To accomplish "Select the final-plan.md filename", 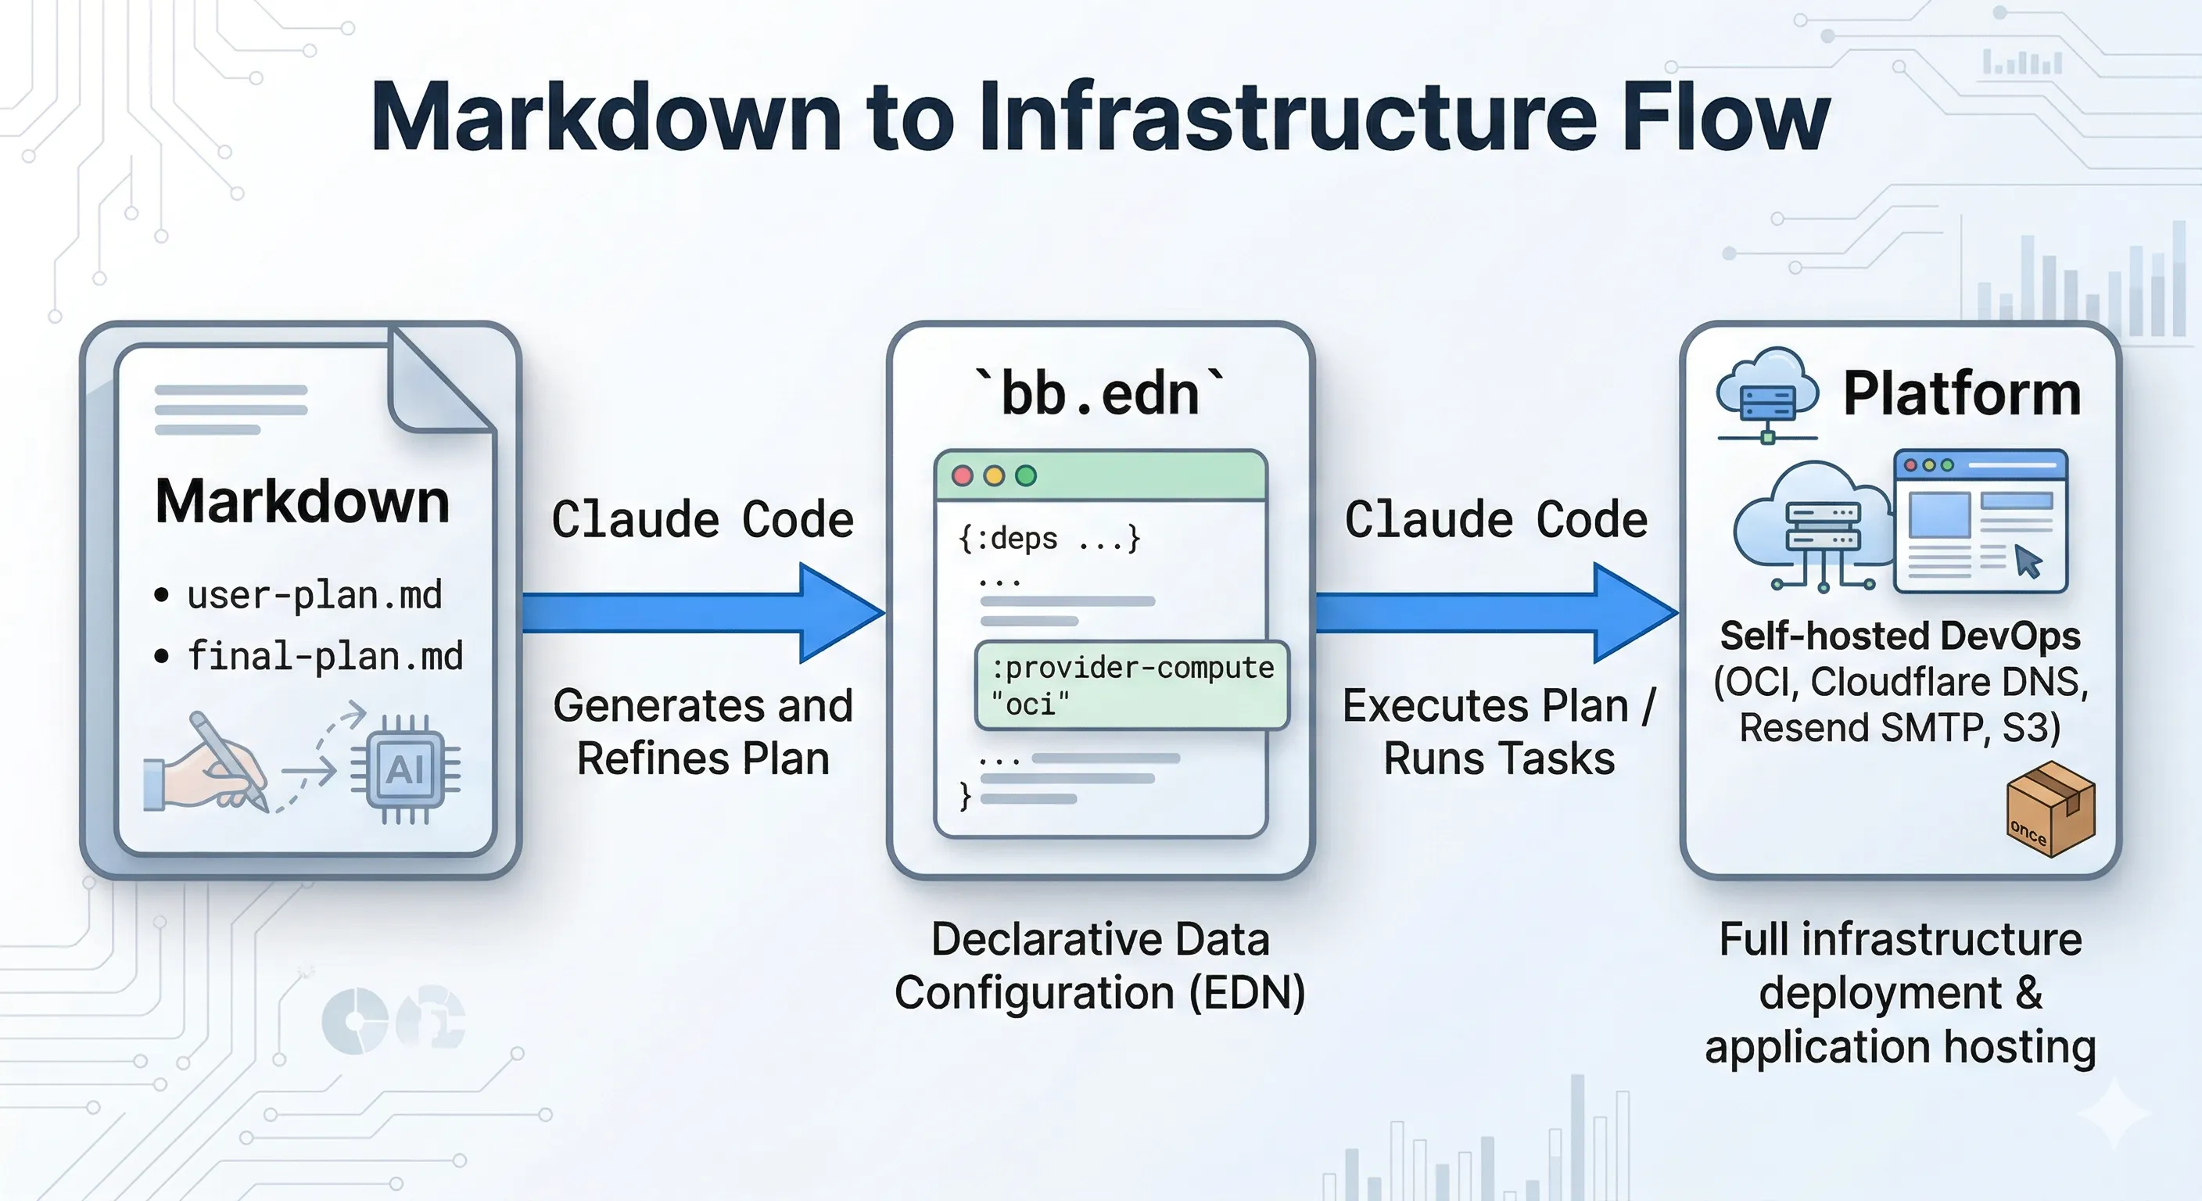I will pyautogui.click(x=325, y=657).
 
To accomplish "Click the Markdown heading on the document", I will pyautogui.click(x=303, y=502).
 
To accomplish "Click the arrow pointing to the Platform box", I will pyautogui.click(x=1496, y=613).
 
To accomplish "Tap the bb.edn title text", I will pyautogui.click(x=1100, y=394).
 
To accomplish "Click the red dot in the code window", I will pyautogui.click(x=963, y=476).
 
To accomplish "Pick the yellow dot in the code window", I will pyautogui.click(x=994, y=476).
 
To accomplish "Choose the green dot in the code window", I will pyautogui.click(x=1026, y=476).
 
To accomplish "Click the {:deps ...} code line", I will pyautogui.click(x=1049, y=540).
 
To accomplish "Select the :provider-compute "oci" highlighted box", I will pyautogui.click(x=1131, y=686).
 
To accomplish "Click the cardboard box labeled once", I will pyautogui.click(x=2050, y=809).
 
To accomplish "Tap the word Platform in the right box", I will pyautogui.click(x=1962, y=394).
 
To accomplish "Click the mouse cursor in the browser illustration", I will pyautogui.click(x=2028, y=561).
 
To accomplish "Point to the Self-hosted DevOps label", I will pyautogui.click(x=1900, y=636).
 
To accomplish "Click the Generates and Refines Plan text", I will pyautogui.click(x=703, y=732).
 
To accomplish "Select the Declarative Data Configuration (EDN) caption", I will pyautogui.click(x=1100, y=966).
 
